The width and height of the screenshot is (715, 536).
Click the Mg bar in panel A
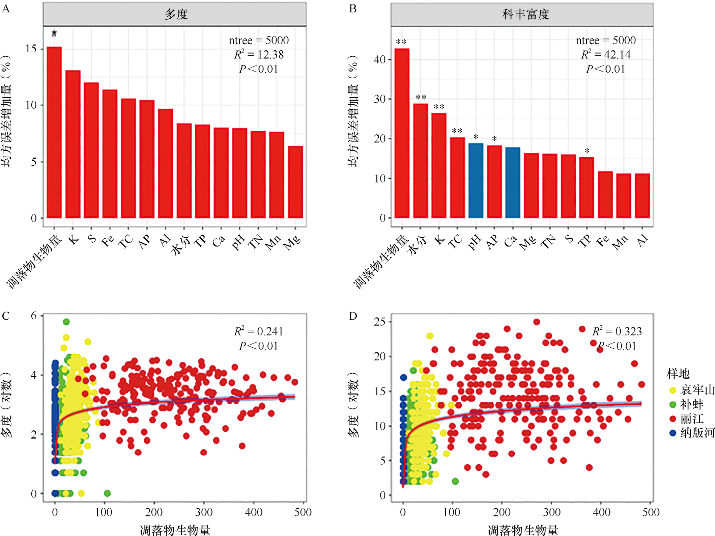pos(295,182)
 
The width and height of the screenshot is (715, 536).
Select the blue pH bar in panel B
pos(476,181)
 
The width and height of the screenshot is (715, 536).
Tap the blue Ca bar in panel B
pos(513,183)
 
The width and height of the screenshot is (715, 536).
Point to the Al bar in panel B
pos(642,196)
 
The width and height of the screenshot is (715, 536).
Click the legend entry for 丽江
pos(691,419)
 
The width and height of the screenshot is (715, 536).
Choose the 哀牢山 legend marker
pos(673,391)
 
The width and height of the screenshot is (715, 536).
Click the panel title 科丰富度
pos(525,15)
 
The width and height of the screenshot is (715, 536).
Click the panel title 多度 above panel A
pos(176,15)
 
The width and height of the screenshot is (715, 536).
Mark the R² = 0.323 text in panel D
pos(617,331)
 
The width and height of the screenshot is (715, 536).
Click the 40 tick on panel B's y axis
pos(379,60)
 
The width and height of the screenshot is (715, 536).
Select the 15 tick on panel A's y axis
pos(31,49)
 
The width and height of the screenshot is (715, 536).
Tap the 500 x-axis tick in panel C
pos(303,512)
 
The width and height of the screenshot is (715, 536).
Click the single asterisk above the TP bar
pos(587,151)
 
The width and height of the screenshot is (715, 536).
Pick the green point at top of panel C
pos(66,322)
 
